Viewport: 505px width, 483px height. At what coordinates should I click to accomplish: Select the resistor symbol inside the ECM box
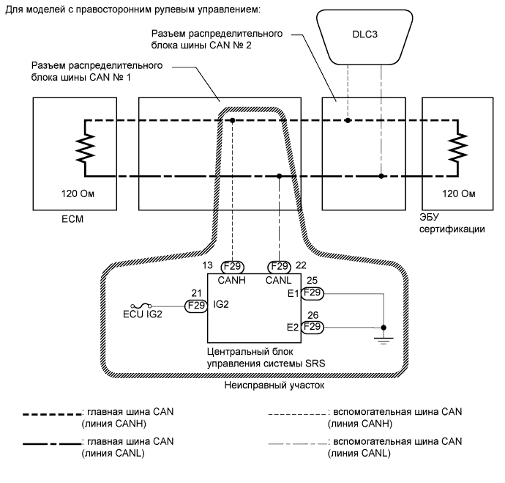tap(86, 147)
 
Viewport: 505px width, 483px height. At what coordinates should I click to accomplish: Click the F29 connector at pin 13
tap(232, 267)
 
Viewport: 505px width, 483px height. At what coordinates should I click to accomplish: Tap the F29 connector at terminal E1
tap(313, 293)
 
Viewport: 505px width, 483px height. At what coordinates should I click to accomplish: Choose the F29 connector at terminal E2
tap(313, 326)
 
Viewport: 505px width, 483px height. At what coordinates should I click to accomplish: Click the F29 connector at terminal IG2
tap(196, 306)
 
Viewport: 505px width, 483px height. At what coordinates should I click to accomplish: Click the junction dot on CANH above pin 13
tap(232, 119)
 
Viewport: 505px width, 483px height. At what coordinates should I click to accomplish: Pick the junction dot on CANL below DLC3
tap(381, 176)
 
